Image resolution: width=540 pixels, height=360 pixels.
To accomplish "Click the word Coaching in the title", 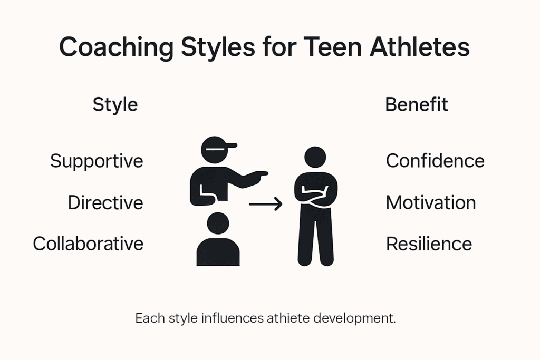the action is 117,47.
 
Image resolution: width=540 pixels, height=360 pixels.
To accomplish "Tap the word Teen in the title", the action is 333,47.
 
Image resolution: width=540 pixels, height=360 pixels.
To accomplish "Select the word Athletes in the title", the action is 420,47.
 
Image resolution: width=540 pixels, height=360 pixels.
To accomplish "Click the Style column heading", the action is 115,105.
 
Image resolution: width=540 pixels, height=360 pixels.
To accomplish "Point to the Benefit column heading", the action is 417,104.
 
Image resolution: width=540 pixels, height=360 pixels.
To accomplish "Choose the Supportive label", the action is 97,161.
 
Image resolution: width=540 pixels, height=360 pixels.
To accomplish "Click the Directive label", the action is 105,202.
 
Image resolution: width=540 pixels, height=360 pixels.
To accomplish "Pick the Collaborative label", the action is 88,244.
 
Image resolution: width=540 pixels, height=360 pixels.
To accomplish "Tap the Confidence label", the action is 435,161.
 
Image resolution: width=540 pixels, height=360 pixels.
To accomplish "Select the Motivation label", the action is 431,202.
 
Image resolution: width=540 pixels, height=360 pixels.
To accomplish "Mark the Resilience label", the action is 429,244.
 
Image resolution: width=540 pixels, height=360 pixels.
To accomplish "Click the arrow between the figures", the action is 266,204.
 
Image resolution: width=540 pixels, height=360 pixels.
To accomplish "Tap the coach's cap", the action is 218,144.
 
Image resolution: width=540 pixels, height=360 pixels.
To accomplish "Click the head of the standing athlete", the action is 315,157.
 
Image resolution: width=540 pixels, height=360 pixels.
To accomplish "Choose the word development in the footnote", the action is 354,318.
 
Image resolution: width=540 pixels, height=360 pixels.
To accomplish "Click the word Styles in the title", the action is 218,47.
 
